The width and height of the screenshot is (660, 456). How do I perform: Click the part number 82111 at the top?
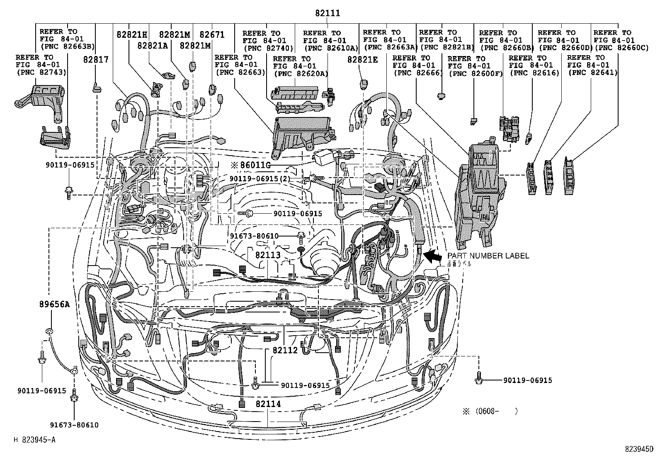[327, 14]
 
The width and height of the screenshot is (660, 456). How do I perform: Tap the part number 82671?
[212, 35]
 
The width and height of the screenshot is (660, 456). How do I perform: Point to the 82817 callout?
[95, 60]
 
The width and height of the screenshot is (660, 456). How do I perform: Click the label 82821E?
[363, 60]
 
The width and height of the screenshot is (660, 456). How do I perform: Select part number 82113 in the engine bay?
[268, 256]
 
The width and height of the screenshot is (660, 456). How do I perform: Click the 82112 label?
[285, 350]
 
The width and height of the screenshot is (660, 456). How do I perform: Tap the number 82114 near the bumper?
[268, 404]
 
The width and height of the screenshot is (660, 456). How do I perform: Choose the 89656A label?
[55, 304]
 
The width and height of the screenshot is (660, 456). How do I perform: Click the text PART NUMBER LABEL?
[488, 256]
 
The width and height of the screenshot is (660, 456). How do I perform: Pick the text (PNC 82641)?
[592, 73]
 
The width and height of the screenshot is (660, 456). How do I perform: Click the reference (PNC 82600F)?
[475, 73]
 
